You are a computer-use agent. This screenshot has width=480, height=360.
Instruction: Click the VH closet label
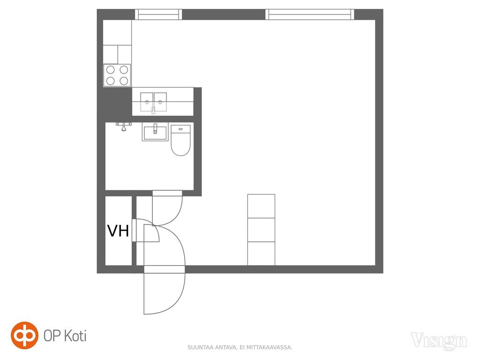coord(118,231)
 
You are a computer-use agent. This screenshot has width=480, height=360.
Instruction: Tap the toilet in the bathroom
coord(180,140)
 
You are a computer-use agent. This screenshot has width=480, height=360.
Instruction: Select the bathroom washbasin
coord(155,132)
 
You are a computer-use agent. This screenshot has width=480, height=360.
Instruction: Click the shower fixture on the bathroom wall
coord(124,126)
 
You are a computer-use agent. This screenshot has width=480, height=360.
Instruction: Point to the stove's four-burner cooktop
coord(117,75)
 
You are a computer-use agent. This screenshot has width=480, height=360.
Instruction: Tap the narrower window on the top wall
coord(158,15)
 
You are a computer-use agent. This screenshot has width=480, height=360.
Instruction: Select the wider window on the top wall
coord(309,15)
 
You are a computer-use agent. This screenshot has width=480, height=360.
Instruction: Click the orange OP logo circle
coord(24,335)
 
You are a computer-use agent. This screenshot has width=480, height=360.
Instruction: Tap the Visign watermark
coord(439,341)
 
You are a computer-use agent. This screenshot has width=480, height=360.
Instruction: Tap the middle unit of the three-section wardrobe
coord(261,230)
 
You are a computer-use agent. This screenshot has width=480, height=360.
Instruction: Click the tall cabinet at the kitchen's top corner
coord(117,33)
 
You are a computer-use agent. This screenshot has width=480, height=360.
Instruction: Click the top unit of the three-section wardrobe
coord(261,206)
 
